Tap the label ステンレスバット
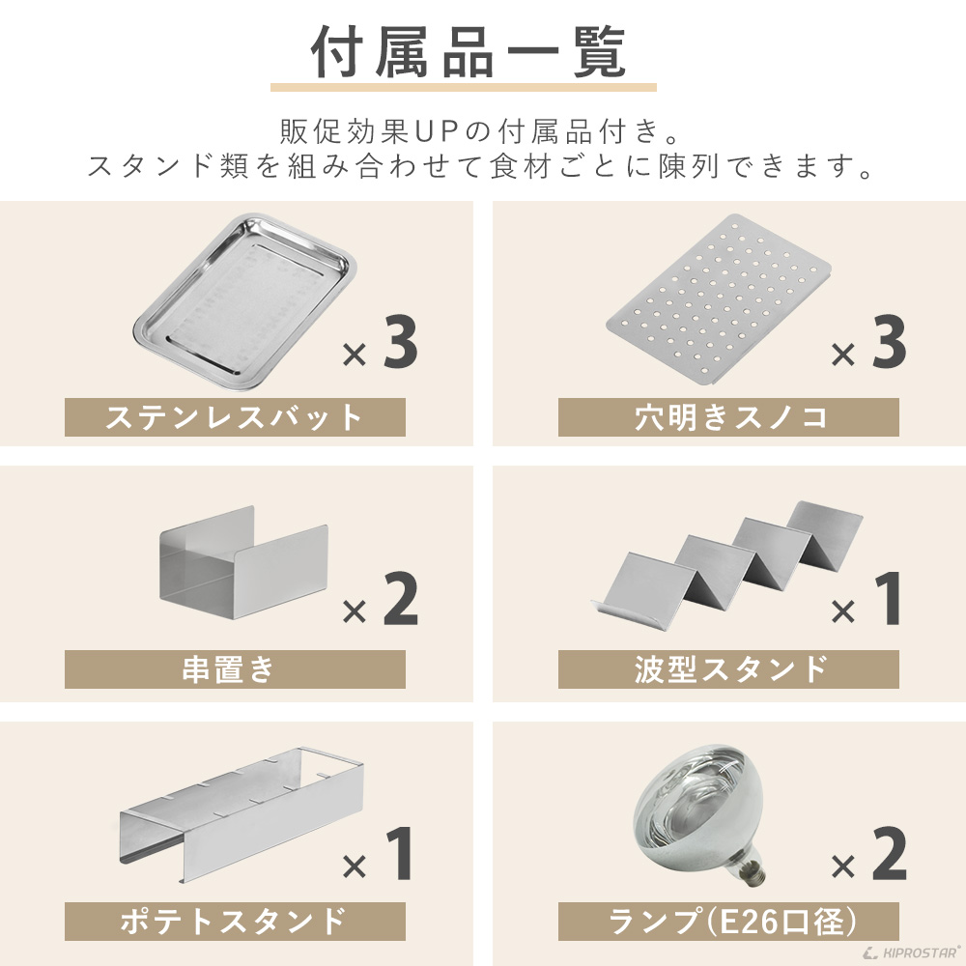235,417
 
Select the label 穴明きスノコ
728,417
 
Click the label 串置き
235,668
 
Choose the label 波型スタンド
728,668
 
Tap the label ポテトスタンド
235,921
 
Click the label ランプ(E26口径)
728,921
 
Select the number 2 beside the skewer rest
400,599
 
